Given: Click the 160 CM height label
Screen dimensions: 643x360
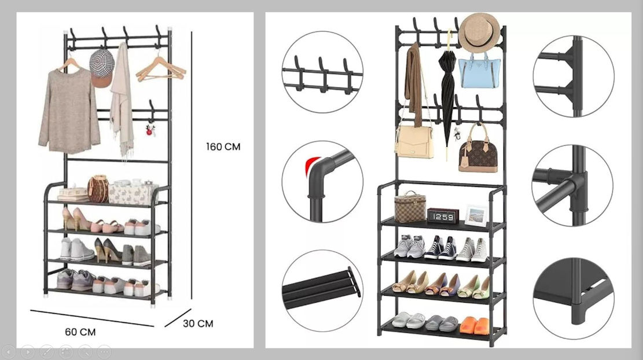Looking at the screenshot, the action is point(223,147).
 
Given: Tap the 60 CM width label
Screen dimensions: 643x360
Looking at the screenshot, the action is point(80,332).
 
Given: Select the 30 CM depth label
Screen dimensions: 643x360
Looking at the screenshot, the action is point(198,324).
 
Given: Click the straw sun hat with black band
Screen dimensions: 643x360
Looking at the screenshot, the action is point(479,32).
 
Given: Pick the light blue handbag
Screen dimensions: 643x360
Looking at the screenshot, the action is point(479,71).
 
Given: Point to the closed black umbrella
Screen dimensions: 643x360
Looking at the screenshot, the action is point(447,90).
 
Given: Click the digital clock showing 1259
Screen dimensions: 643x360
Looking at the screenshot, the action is point(443,216).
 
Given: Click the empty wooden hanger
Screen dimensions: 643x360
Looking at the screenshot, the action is point(161,69).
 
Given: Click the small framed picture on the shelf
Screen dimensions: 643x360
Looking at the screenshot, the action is point(476,215).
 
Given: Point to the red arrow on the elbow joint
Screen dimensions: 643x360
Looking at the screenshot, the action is point(313,165).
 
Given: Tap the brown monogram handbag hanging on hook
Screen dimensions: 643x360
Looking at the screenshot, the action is point(478,150).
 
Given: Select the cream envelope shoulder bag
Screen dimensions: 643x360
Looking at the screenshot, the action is point(414,141).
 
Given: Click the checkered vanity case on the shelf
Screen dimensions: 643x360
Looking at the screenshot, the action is point(410,207).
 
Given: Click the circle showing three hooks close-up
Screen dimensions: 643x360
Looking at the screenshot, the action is point(322,72).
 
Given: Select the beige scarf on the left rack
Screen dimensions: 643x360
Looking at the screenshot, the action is point(122,101).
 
